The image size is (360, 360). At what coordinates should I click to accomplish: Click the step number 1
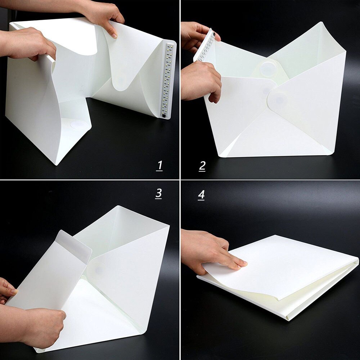pos(159,166)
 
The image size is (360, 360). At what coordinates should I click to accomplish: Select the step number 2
pos(202,166)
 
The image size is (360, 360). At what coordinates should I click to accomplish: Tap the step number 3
pos(158,193)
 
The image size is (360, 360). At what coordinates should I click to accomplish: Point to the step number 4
pos(201,195)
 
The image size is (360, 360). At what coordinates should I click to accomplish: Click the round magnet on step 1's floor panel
pos(79,125)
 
